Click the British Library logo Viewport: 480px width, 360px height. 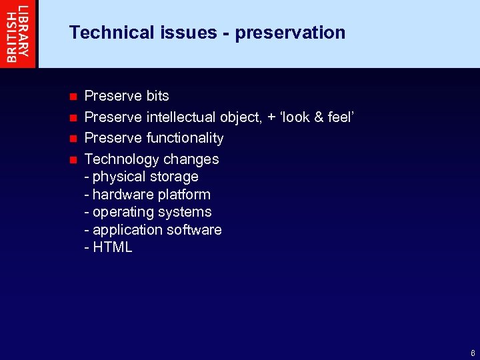(x=18, y=33)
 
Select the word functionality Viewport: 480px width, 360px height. (x=185, y=138)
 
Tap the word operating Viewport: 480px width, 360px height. (x=123, y=213)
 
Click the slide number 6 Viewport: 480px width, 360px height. (x=473, y=353)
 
